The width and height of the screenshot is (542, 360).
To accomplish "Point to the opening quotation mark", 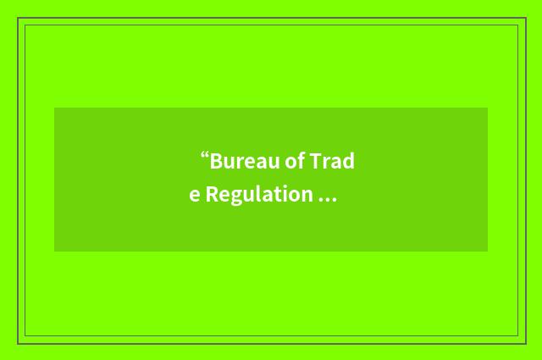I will click(204, 156).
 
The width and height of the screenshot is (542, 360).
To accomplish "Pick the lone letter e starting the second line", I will click(195, 196).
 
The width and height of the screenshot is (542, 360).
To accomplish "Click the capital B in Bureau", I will click(216, 161).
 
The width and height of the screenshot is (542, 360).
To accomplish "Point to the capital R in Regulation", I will click(212, 195).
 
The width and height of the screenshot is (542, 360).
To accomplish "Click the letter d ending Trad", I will click(348, 161).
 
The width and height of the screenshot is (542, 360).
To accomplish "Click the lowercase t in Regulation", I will click(276, 195).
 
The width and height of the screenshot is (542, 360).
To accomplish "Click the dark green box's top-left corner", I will click(54, 108).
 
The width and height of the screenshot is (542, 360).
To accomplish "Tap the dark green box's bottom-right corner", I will click(488, 252).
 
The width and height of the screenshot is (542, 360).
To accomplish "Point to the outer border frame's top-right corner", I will click(526, 18).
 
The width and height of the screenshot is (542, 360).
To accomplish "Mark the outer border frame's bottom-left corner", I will click(17, 344).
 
